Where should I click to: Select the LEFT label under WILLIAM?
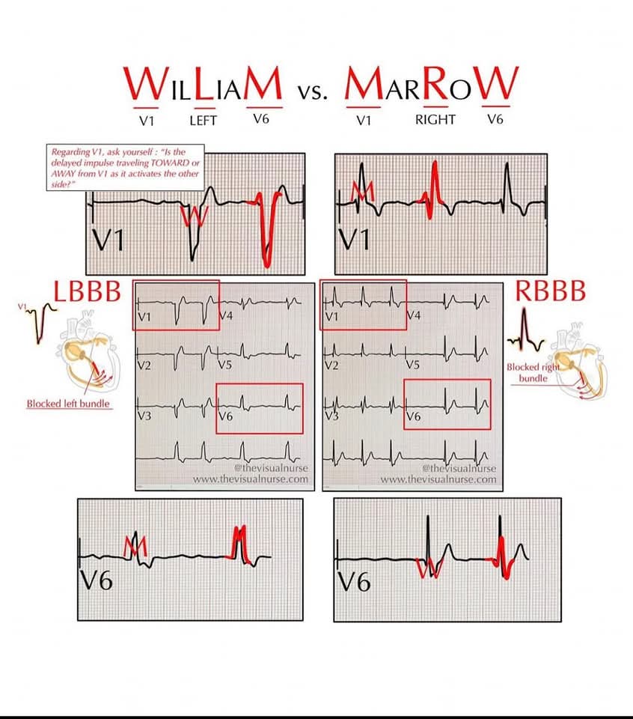pos(203,120)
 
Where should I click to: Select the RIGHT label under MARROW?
pos(435,120)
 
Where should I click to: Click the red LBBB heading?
pos(86,293)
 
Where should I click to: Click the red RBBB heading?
pos(550,292)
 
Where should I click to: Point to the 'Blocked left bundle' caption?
pos(68,404)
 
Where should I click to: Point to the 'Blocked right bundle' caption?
pos(533,373)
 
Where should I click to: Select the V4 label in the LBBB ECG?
pos(227,316)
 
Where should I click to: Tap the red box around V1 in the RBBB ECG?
pos(364,305)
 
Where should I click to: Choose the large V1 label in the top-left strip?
pos(109,240)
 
